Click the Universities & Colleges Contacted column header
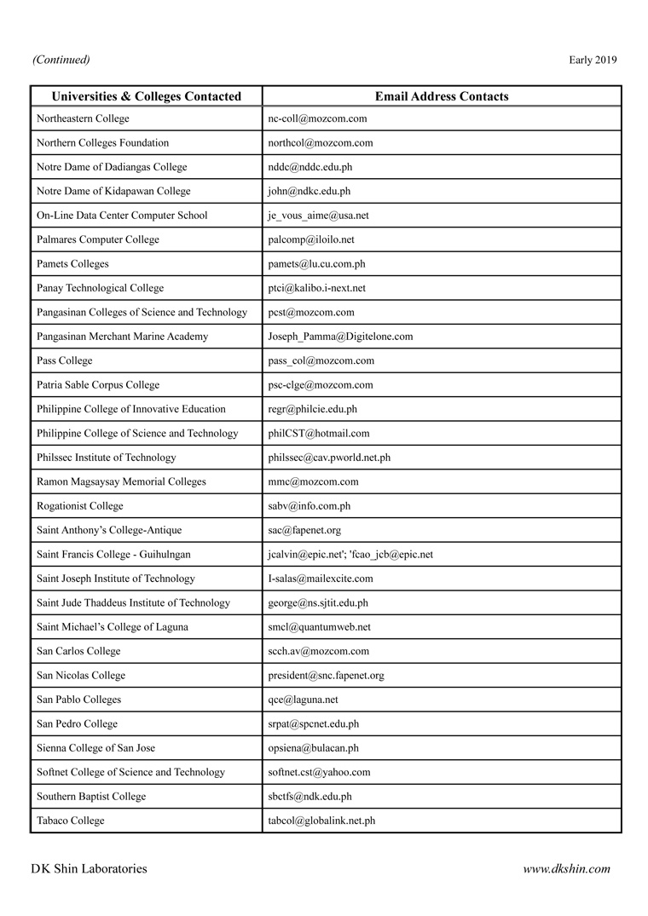(147, 96)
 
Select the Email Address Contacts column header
(442, 96)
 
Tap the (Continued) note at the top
(61, 60)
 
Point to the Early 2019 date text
(593, 60)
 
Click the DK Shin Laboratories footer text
(89, 869)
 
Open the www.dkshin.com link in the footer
(566, 869)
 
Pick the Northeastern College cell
(83, 118)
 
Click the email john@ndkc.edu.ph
(309, 192)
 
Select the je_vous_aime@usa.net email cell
(318, 216)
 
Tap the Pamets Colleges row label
(72, 264)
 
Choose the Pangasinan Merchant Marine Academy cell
(122, 337)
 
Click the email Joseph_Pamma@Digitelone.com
(340, 337)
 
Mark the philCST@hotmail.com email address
(319, 434)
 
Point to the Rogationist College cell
(80, 506)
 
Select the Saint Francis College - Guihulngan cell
(113, 555)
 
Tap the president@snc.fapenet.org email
(326, 676)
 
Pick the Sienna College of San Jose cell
(95, 748)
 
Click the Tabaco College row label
(71, 821)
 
